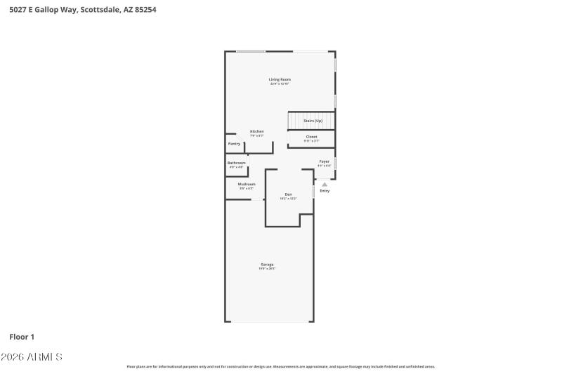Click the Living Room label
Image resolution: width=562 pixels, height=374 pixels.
click(x=280, y=79)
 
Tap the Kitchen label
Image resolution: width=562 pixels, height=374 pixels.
click(x=257, y=132)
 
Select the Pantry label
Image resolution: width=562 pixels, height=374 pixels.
click(x=235, y=144)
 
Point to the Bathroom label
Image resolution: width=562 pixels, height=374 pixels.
click(x=236, y=163)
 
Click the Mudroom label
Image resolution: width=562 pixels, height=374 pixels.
click(x=247, y=184)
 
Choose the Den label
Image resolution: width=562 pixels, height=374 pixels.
click(x=288, y=194)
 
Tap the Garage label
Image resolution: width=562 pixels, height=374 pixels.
click(x=267, y=265)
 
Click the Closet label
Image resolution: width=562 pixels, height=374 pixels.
click(x=311, y=137)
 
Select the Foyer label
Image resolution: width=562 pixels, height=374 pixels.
click(x=324, y=161)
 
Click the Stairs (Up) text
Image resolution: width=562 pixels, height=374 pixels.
click(x=313, y=121)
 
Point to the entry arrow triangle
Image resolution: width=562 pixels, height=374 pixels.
click(x=325, y=185)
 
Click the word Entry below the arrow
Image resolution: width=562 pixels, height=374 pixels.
click(x=325, y=191)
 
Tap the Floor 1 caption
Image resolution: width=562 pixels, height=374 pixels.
click(x=22, y=337)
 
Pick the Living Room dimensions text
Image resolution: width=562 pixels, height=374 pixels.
click(x=280, y=84)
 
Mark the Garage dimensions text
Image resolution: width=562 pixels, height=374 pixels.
click(x=267, y=269)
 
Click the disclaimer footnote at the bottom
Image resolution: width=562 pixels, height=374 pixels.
click(x=280, y=366)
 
